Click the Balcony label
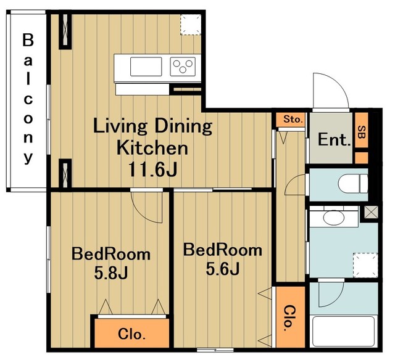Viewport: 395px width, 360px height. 28,99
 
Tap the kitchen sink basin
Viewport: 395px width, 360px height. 146,67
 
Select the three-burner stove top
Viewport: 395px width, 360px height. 183,67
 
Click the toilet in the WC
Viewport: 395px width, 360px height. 352,184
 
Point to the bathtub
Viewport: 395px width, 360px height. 343,331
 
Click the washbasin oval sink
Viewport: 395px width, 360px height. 334,218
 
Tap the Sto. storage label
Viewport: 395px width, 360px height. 293,119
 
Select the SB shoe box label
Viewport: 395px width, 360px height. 362,131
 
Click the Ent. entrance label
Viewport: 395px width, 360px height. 335,139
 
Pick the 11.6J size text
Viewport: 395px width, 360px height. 152,169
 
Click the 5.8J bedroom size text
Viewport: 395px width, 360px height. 111,272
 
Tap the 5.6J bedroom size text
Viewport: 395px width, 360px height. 222,268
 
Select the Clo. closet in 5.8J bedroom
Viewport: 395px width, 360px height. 131,334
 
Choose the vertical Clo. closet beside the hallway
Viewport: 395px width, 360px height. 291,317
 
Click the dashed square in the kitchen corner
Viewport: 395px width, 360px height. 191,25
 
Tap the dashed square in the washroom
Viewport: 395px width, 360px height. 365,265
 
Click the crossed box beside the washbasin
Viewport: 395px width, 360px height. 372,211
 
